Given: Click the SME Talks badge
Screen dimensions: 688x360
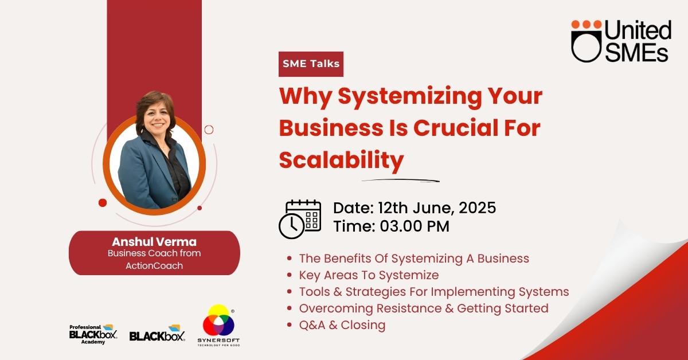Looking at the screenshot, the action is [x=311, y=64].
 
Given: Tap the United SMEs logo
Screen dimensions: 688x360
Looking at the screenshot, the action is [x=621, y=41].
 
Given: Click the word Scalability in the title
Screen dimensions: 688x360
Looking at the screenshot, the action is [x=341, y=161].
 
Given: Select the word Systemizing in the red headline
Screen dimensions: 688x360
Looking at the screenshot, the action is [x=410, y=96].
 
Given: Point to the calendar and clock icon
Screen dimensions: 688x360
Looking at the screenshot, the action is [x=300, y=219].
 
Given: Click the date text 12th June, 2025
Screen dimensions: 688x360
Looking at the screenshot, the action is [x=437, y=208].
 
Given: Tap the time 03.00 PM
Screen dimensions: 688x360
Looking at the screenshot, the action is [x=415, y=226].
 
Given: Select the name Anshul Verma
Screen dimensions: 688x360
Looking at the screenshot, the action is [x=154, y=242].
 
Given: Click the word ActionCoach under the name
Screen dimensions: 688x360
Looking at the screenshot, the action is [x=154, y=265].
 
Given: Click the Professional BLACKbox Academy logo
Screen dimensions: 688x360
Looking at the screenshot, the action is [x=93, y=334].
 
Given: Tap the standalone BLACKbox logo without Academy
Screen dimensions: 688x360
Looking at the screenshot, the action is [x=157, y=333].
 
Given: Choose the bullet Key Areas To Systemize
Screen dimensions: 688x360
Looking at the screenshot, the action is [x=369, y=275].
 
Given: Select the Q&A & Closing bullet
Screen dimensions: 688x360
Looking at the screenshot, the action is [x=342, y=325].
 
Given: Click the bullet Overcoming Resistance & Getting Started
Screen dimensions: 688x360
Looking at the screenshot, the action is [x=424, y=308].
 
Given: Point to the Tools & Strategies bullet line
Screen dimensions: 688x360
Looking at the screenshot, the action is [x=434, y=292].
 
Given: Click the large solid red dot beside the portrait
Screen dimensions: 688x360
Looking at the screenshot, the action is [x=103, y=203].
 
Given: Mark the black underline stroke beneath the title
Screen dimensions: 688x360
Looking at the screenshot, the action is [x=401, y=181].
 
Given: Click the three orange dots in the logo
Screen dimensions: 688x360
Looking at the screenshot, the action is [x=587, y=25].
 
